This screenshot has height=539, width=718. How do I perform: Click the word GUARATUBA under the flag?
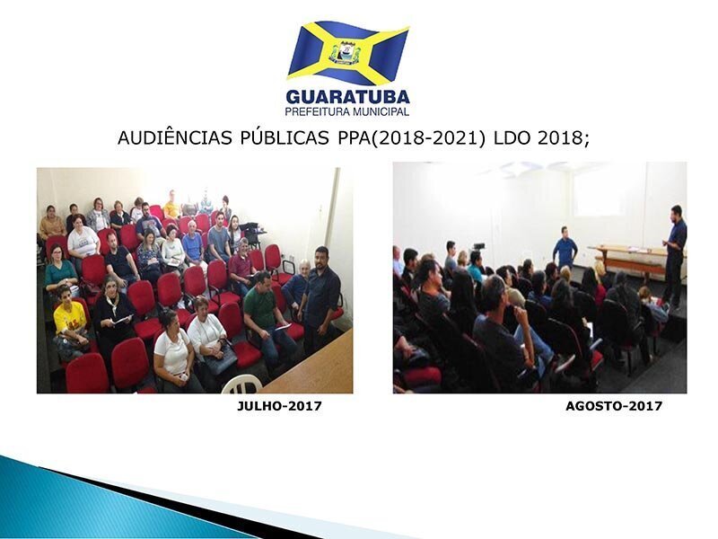(347, 97)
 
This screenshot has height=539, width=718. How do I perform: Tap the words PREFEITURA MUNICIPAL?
(347, 111)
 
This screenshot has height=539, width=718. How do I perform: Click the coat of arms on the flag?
(346, 52)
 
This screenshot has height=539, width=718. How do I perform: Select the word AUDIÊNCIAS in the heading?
(174, 137)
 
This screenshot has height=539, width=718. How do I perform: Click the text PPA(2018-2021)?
(411, 137)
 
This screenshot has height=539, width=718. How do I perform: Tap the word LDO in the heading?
(512, 137)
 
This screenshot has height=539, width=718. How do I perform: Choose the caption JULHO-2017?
(279, 406)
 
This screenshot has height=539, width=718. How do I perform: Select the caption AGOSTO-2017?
(614, 406)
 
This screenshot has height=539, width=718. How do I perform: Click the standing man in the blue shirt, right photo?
(565, 248)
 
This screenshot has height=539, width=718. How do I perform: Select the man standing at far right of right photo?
(675, 254)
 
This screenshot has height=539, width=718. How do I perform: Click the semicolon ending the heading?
(586, 139)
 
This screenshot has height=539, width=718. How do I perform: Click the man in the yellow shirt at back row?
(172, 206)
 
